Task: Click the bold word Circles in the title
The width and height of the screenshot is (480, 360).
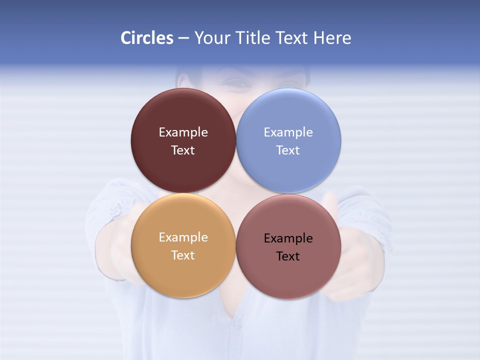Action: (x=146, y=38)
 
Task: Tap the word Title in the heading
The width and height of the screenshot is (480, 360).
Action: (x=252, y=38)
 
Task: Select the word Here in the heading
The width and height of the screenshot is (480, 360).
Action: (x=332, y=38)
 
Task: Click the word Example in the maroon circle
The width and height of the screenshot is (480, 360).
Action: (x=183, y=132)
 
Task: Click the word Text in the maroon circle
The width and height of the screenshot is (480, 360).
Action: (x=183, y=150)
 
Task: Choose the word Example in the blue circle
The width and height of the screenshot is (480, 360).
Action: (x=288, y=132)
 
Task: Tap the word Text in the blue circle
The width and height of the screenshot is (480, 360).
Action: (x=288, y=150)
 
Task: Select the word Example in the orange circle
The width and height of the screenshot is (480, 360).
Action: (x=183, y=237)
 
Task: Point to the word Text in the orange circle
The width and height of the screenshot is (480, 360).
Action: (x=183, y=255)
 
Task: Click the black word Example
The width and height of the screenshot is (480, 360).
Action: (x=288, y=238)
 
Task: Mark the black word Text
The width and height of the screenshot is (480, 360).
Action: (x=288, y=256)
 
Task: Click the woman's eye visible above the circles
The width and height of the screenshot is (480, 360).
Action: (x=239, y=84)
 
